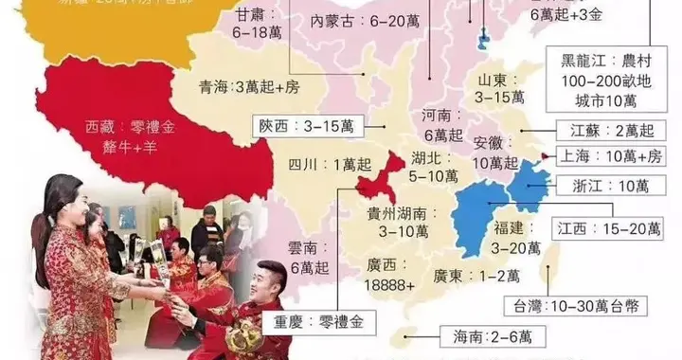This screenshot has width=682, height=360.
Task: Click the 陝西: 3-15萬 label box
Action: [301, 125]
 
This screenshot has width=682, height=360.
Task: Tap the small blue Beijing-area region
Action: [484, 38]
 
